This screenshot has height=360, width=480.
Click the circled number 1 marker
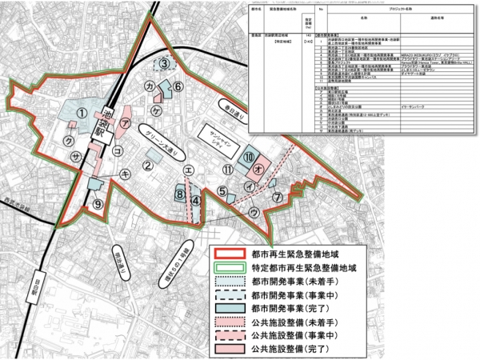(x=81, y=113)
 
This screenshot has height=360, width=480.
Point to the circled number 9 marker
(x=97, y=204)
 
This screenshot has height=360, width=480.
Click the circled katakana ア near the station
(x=126, y=122)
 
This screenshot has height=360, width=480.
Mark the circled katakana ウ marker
(x=254, y=213)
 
